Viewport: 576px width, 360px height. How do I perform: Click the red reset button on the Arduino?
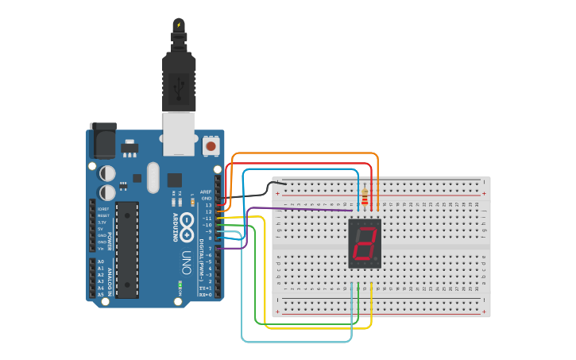(x=211, y=146)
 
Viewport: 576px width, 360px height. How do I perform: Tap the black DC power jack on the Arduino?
(x=102, y=141)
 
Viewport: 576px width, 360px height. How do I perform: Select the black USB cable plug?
(x=179, y=79)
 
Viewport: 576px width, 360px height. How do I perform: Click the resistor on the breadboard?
(x=365, y=196)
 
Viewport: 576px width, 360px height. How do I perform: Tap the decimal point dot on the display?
(x=376, y=261)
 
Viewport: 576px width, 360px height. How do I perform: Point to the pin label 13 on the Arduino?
(x=208, y=205)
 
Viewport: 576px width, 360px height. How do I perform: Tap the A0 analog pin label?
(x=101, y=261)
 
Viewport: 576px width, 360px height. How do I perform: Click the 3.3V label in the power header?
(x=102, y=223)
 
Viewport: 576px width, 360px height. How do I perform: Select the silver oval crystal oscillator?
(x=153, y=177)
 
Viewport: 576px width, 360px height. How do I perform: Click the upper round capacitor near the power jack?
(x=107, y=172)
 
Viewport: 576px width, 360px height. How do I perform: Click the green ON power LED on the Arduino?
(x=181, y=284)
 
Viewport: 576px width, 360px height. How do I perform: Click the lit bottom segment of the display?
(x=362, y=259)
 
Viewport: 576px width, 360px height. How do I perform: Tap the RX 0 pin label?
(x=205, y=295)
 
